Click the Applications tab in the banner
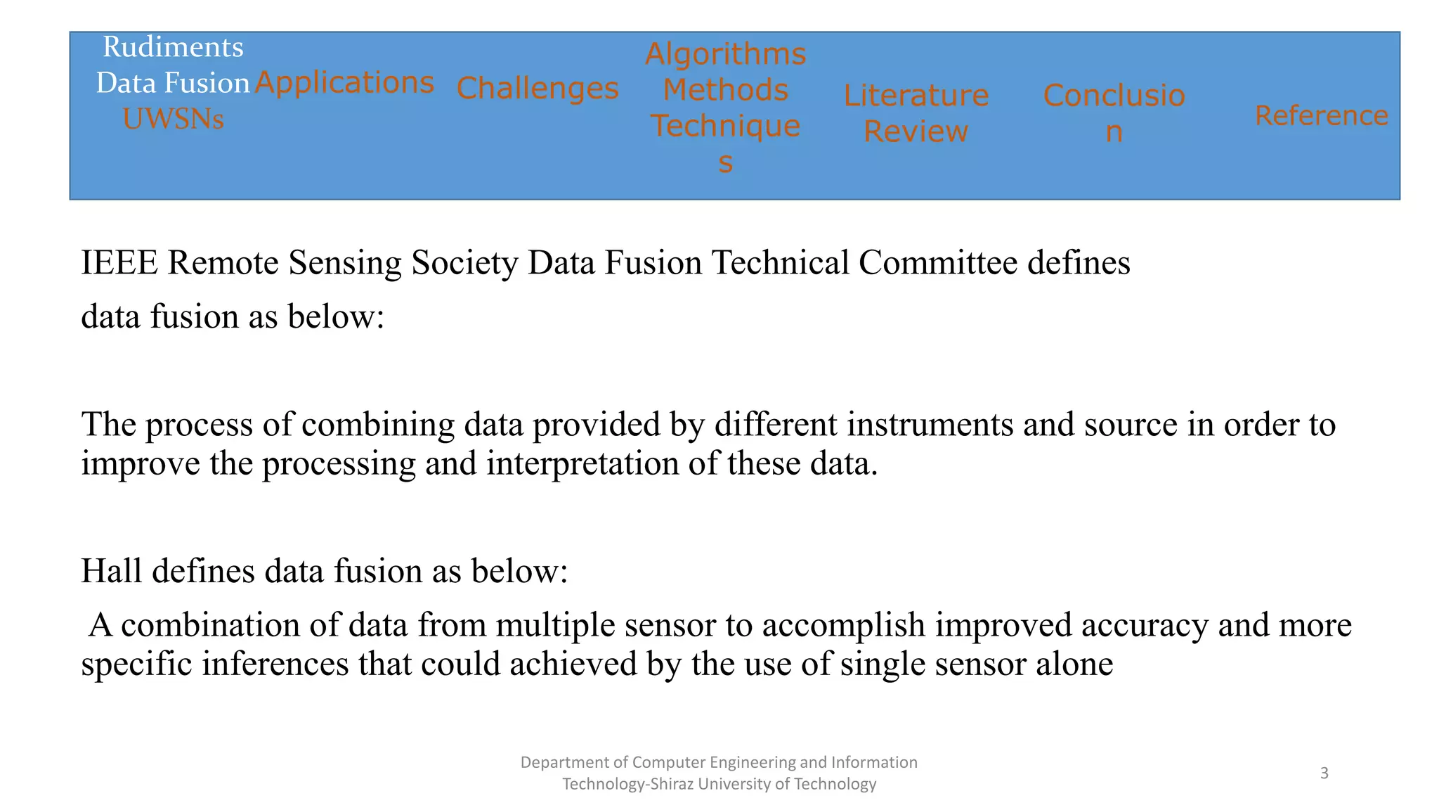[x=344, y=83]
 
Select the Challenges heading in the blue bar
[x=538, y=89]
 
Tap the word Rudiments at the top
[x=173, y=47]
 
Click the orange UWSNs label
[x=173, y=119]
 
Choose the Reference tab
[x=1321, y=115]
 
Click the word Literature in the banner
[x=916, y=96]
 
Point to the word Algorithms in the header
[x=725, y=54]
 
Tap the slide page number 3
[x=1324, y=773]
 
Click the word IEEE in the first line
[x=119, y=263]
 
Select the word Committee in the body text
[x=937, y=263]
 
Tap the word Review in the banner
[x=916, y=131]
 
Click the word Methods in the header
[x=725, y=90]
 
